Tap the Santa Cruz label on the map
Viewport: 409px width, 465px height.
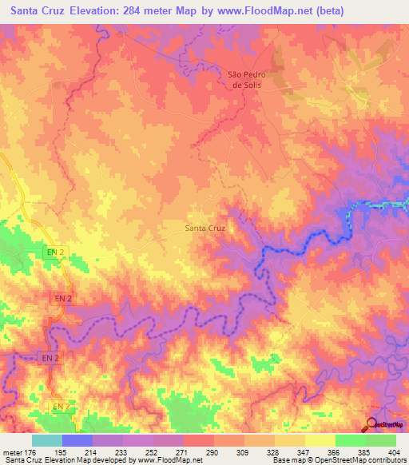pos(205,228)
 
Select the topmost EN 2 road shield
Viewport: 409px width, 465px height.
pos(54,252)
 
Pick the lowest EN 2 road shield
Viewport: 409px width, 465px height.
pos(62,407)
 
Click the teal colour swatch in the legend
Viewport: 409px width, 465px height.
pos(46,440)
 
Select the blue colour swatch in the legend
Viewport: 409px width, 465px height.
pos(77,440)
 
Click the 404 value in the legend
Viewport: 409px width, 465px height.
pos(393,453)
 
